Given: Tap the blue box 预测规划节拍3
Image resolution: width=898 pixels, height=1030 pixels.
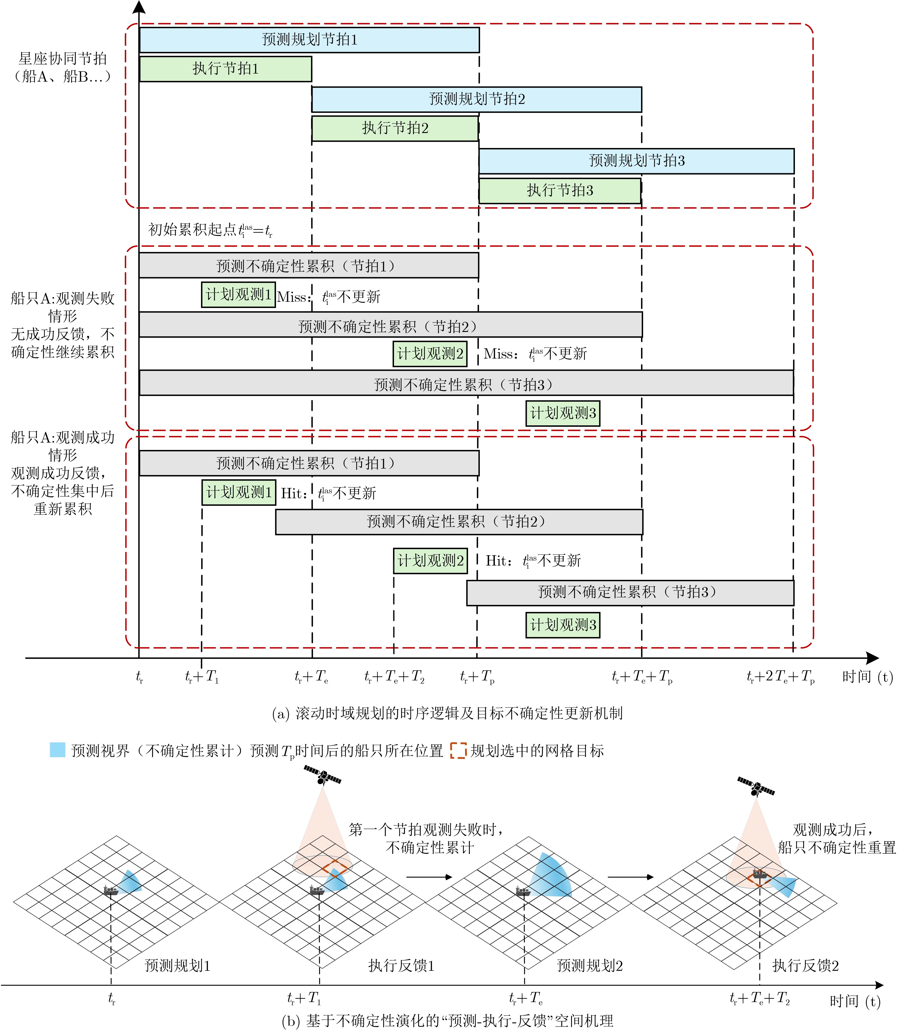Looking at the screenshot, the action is pyautogui.click(x=636, y=161).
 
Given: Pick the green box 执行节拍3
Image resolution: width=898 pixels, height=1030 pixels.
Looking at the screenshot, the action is pyautogui.click(x=560, y=191).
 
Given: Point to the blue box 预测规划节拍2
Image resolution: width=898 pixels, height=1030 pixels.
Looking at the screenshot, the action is pyautogui.click(x=477, y=99).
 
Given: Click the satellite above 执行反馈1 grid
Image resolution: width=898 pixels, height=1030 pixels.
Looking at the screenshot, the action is pyautogui.click(x=323, y=775).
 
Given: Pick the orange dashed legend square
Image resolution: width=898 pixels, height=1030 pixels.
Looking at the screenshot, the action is pyautogui.click(x=458, y=750).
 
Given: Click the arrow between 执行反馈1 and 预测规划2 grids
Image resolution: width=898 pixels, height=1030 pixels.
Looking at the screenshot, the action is pyautogui.click(x=429, y=877).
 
